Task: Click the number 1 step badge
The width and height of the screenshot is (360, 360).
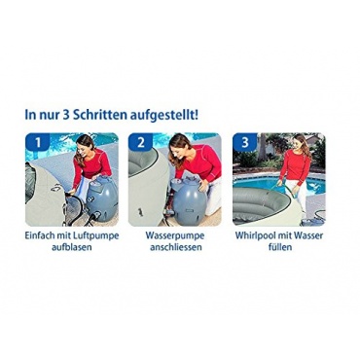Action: point(38,142)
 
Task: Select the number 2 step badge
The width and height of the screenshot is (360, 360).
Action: point(140,142)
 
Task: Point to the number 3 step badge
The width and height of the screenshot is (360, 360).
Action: point(245,142)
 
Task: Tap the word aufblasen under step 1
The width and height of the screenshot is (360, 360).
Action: point(72,247)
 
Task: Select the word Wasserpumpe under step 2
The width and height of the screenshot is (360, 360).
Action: point(175,235)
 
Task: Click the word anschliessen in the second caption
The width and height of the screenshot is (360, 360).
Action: point(176,247)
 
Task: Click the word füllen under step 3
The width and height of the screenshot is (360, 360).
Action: point(279,247)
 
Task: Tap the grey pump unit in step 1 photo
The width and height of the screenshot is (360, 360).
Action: point(102,198)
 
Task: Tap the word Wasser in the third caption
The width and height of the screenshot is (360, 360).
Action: point(309,235)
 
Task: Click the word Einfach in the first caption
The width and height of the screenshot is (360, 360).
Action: point(37,235)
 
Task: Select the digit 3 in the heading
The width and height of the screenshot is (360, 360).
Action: point(62,116)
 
